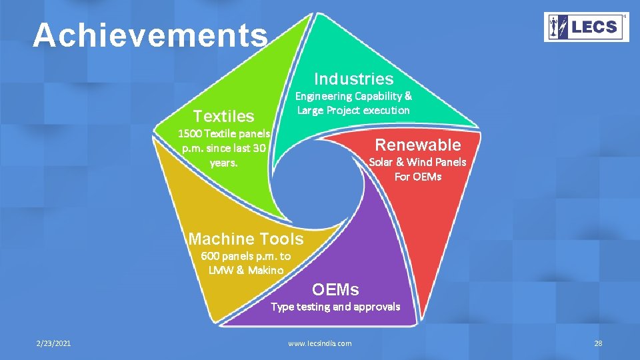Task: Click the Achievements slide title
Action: point(150,36)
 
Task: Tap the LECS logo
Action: point(586,27)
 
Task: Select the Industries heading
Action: point(353,79)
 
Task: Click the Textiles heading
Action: point(223,116)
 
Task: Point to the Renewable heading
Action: point(418,145)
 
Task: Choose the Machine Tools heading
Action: point(246,239)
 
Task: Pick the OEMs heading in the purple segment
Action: point(335,289)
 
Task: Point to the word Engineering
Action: point(323,96)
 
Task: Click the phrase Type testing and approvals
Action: point(335,307)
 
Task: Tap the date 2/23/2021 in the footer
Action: point(54,343)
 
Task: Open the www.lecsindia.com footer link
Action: point(319,343)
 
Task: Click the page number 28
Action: point(597,343)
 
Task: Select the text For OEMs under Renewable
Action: point(418,177)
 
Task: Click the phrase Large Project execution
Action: point(353,110)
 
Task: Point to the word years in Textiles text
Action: point(223,162)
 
